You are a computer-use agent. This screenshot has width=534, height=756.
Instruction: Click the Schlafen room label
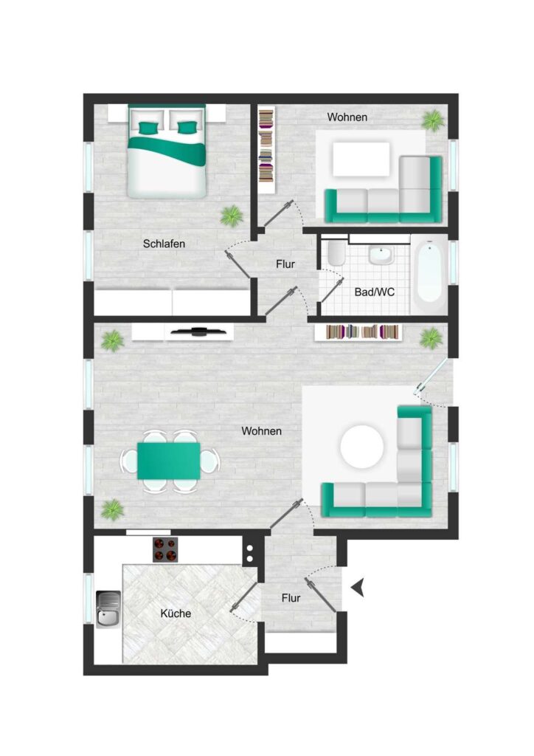point(164,244)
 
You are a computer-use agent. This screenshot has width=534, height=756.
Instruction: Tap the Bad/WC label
point(374,292)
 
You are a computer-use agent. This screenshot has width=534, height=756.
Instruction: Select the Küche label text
point(176,614)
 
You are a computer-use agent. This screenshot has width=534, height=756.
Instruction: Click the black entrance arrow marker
point(357,588)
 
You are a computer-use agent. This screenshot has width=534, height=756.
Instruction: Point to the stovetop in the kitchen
point(165,549)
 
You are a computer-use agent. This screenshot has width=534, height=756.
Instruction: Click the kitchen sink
point(108,609)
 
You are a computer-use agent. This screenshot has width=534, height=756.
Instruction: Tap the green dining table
point(168,461)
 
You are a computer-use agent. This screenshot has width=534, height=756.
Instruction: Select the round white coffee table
point(362,447)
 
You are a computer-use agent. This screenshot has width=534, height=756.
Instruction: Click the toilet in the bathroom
point(336,252)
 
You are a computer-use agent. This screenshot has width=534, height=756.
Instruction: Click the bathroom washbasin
point(381,255)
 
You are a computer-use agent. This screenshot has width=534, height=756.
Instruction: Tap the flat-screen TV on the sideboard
point(199,331)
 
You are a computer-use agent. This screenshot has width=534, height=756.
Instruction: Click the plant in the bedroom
point(232,216)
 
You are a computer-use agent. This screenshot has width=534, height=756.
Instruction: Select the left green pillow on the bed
point(149,128)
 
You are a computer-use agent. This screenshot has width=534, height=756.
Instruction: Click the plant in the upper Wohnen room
point(433,120)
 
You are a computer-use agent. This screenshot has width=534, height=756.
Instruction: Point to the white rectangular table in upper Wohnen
point(361,159)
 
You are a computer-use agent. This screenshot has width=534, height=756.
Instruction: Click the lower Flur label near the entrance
point(291,598)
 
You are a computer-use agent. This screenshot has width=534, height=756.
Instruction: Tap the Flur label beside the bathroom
point(285,264)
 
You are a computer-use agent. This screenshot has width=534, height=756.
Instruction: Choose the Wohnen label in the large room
point(261,431)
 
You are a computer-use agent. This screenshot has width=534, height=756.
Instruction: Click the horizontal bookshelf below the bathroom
point(358,332)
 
